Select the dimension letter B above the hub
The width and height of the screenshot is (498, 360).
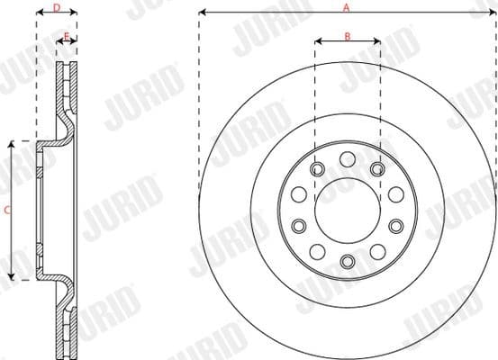tap(347, 35)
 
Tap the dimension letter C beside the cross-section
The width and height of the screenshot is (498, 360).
tap(7, 211)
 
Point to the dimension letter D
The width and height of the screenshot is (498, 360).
tap(57, 7)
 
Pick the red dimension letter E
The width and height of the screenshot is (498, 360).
tap(67, 36)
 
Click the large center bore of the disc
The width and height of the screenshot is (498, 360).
tap(347, 210)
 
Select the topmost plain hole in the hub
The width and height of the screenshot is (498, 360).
tap(347, 159)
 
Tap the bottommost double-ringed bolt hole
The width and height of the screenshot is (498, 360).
tap(347, 261)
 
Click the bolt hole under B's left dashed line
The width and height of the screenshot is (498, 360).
tap(317, 168)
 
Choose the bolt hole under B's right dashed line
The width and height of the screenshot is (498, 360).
tap(377, 168)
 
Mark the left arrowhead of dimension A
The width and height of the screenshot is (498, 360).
tap(202, 13)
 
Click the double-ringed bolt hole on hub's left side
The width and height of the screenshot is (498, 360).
tap(298, 226)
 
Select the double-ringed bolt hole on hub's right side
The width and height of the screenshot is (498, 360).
tap(395, 226)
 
